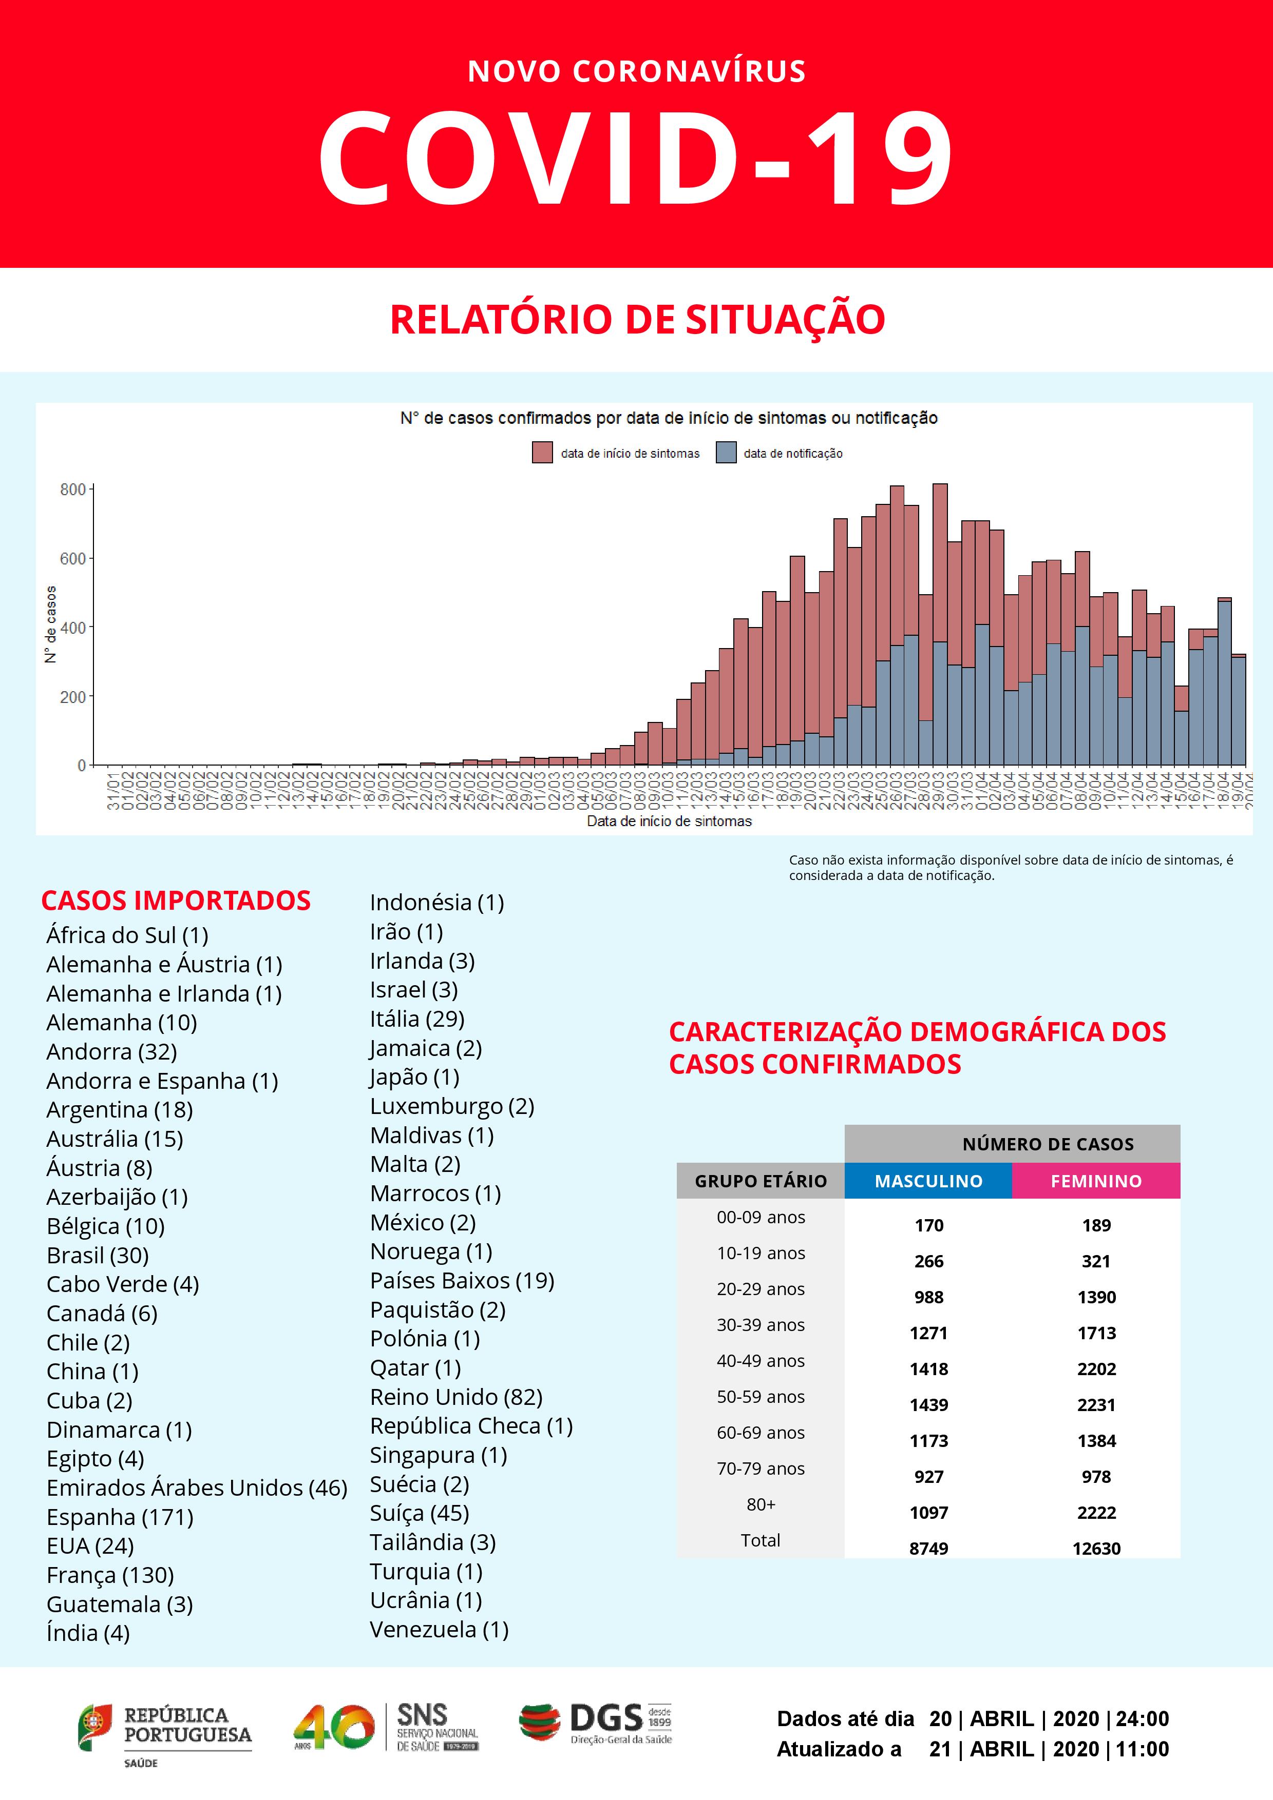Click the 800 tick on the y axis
(73, 490)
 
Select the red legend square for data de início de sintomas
(542, 453)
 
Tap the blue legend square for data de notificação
(726, 453)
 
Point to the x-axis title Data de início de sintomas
(669, 821)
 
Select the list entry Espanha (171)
(119, 1517)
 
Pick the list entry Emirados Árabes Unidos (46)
(196, 1488)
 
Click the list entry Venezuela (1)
(439, 1630)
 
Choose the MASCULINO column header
(928, 1181)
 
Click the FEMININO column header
(1096, 1181)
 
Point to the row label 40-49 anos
(760, 1361)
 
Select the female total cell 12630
(1096, 1549)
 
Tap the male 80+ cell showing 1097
(928, 1512)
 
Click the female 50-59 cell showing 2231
(1096, 1405)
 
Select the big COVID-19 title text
(636, 157)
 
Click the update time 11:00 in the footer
(1142, 1749)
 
